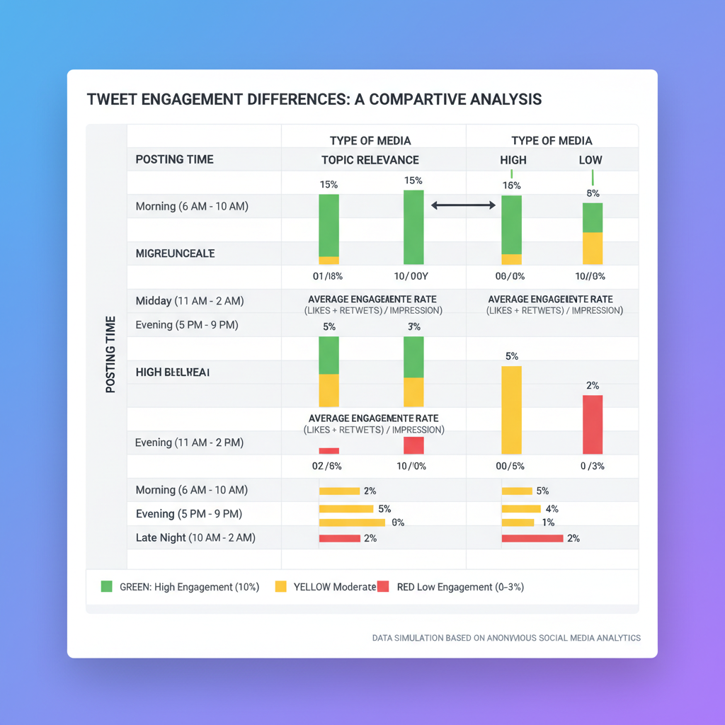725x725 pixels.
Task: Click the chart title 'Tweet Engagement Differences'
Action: coord(314,99)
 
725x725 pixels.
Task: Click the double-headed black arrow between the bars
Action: coord(463,205)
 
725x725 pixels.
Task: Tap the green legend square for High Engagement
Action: coord(107,586)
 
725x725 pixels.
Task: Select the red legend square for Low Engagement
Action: coord(383,586)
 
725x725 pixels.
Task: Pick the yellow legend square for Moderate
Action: coord(280,586)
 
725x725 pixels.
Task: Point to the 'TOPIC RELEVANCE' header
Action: coord(370,160)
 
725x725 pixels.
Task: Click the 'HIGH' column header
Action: coord(513,160)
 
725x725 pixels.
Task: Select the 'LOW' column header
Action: coord(590,160)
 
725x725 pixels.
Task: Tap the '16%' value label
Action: coord(511,185)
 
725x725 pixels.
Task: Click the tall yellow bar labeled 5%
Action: coord(511,411)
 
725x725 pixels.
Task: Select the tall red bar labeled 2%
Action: coord(593,425)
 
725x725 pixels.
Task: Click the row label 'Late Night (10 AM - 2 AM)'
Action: coord(195,538)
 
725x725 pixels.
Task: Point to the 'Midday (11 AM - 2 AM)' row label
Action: coord(189,301)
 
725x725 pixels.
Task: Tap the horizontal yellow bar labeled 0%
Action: coord(352,523)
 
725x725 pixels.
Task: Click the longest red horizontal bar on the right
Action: coord(532,538)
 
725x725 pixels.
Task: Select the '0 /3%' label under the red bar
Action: coord(593,466)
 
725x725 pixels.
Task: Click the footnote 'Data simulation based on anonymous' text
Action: coord(506,638)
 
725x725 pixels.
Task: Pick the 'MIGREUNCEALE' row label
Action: coord(175,253)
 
